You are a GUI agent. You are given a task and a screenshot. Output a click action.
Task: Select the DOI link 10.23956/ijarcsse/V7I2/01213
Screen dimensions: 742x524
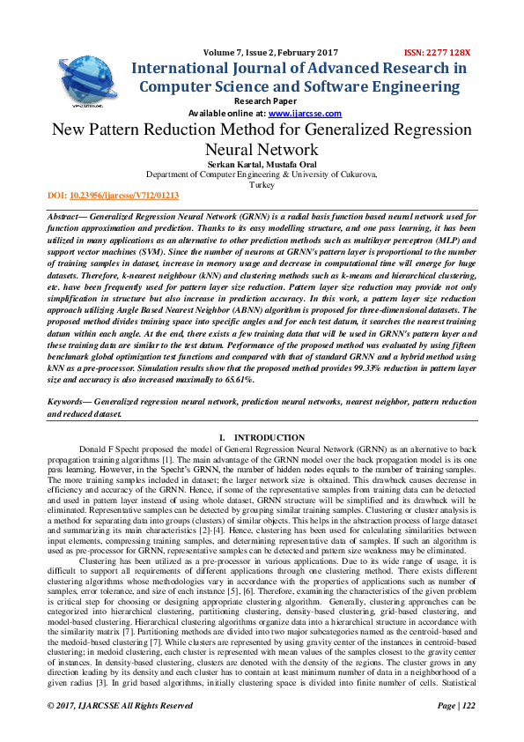124,196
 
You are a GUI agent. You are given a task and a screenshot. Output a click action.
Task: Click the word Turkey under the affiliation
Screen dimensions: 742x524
262,185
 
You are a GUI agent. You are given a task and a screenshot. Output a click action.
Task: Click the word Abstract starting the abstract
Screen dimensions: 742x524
67,216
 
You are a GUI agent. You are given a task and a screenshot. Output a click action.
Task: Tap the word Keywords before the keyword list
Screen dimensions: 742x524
70,402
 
